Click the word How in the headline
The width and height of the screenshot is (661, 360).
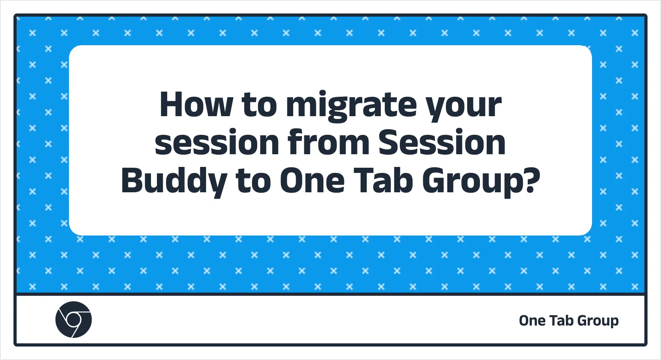tap(196, 104)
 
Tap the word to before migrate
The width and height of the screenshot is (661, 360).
tap(259, 104)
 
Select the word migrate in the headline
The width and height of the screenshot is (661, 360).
tap(351, 106)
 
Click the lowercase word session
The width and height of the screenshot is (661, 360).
tap(217, 143)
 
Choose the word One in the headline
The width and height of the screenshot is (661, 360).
tap(312, 180)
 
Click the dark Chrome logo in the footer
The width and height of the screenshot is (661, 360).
tap(73, 320)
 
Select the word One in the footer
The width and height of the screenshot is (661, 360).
tap(532, 321)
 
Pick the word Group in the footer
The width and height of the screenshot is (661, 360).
tap(598, 322)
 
